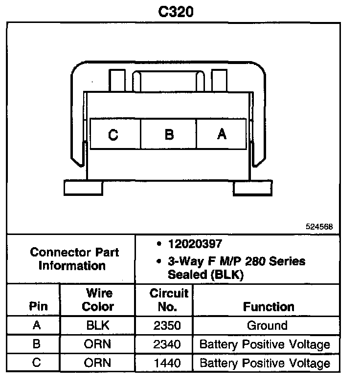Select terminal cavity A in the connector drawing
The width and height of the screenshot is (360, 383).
pyautogui.click(x=222, y=133)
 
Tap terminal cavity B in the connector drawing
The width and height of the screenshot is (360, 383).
pyautogui.click(x=169, y=134)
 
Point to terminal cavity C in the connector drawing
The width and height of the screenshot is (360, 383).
pyautogui.click(x=113, y=134)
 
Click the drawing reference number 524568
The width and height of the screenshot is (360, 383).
pyautogui.click(x=319, y=227)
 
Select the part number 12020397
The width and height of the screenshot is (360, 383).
pyautogui.click(x=194, y=244)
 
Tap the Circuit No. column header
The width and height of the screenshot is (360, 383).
pyautogui.click(x=169, y=300)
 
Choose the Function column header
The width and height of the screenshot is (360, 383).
pyautogui.click(x=269, y=307)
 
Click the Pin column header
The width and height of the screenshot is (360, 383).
pyautogui.click(x=39, y=307)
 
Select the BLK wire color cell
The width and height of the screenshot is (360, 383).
pyautogui.click(x=98, y=325)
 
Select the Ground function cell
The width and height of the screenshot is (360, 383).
pyautogui.click(x=267, y=325)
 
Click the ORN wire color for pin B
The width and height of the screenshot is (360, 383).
pyautogui.click(x=98, y=344)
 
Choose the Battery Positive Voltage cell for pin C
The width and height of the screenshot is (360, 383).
pyautogui.click(x=265, y=363)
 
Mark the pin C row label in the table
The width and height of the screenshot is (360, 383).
pyautogui.click(x=36, y=363)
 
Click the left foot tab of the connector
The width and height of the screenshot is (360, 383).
pyautogui.click(x=83, y=188)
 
